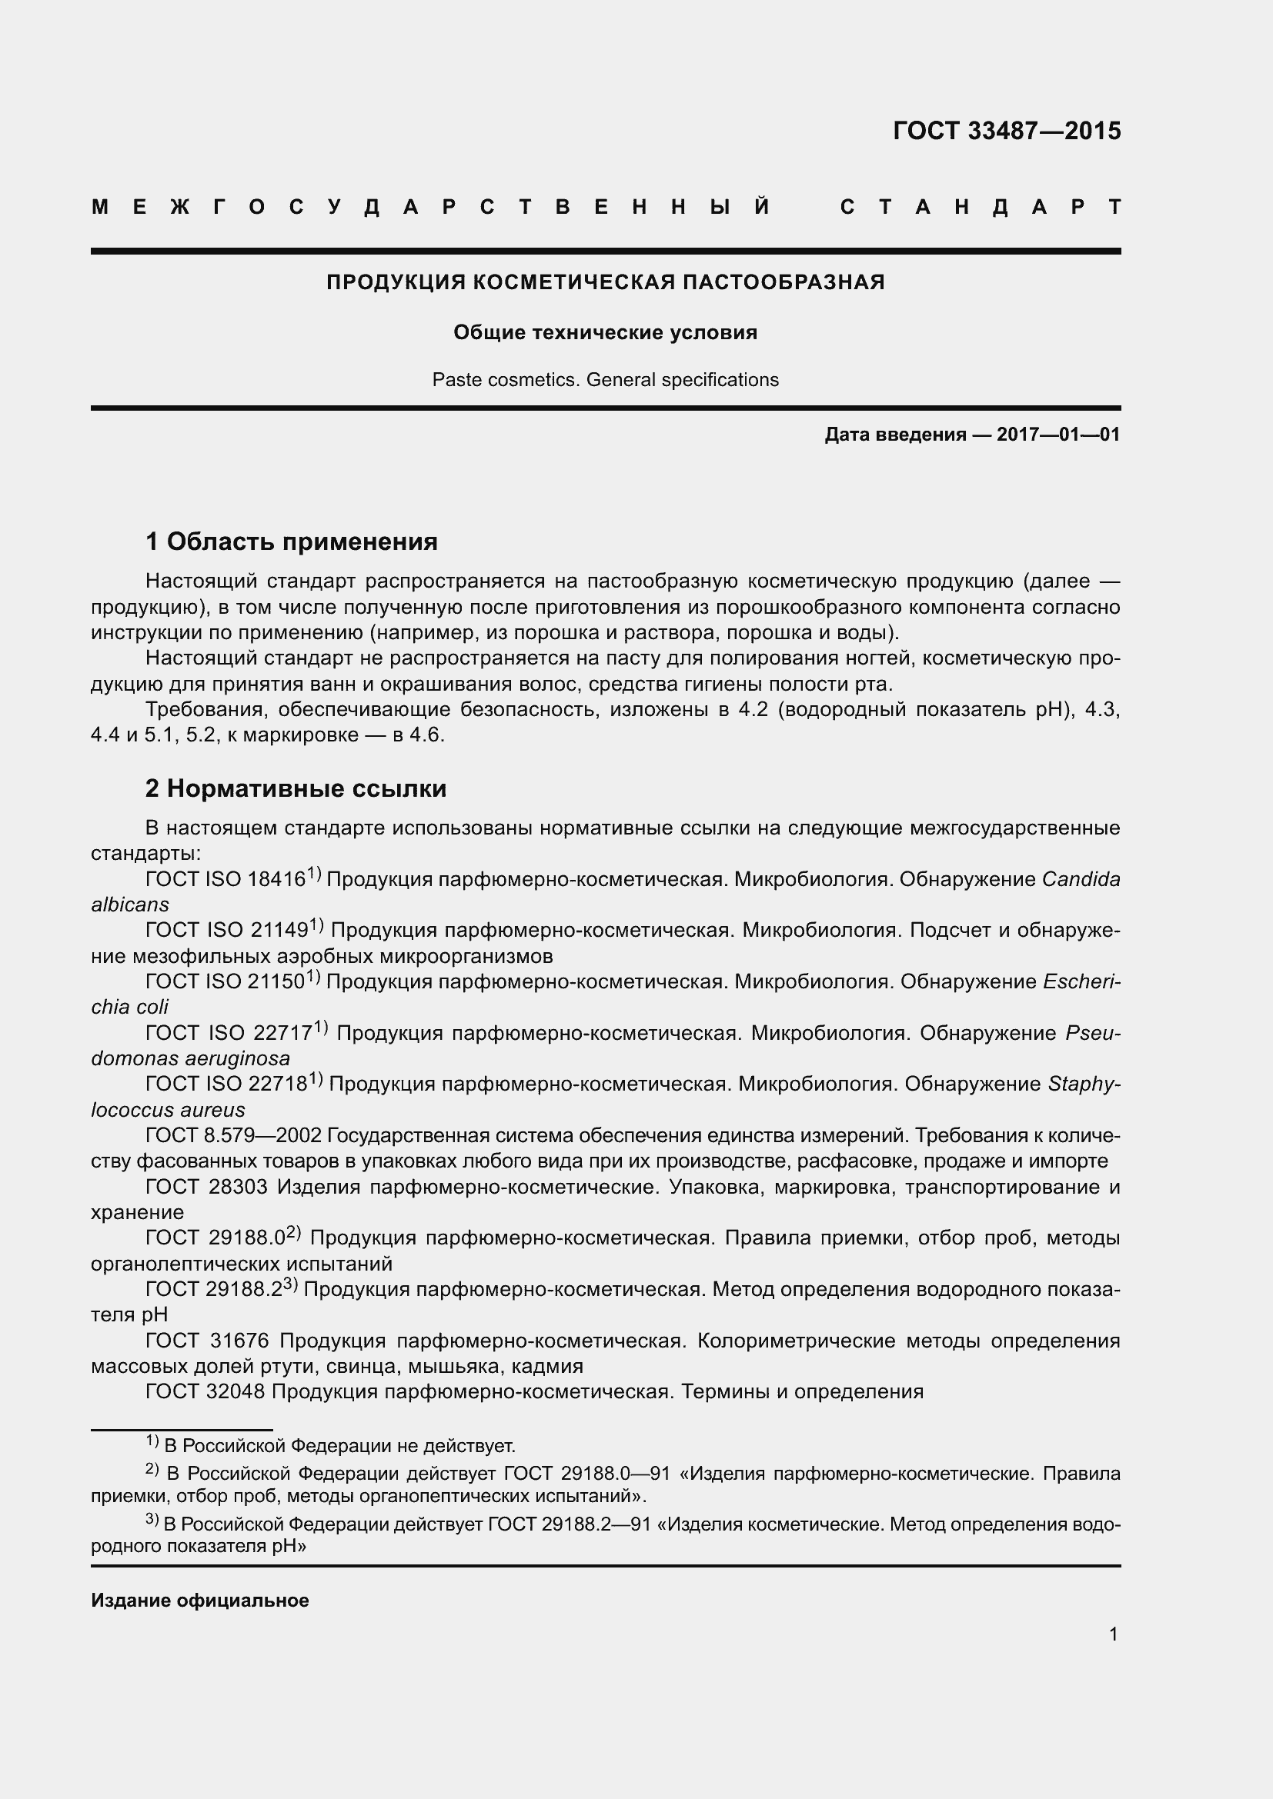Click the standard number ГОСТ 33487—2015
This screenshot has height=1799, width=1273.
[1007, 131]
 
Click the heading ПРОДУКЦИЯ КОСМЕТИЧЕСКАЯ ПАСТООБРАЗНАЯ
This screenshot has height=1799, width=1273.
[605, 282]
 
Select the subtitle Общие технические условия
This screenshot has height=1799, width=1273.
[605, 333]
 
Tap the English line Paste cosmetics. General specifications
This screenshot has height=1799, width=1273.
[605, 380]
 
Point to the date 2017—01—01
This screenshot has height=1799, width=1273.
[1058, 435]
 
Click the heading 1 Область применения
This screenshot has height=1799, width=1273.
[292, 541]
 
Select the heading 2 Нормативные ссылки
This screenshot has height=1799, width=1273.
[296, 788]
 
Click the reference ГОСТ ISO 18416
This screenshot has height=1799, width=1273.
[226, 879]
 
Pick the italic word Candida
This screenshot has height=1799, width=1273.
[1081, 879]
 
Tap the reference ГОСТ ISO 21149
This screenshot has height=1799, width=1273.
[227, 931]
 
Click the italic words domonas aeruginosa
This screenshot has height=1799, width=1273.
[190, 1058]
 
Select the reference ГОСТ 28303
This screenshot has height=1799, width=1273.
[207, 1187]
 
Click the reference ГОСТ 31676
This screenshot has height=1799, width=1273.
[207, 1341]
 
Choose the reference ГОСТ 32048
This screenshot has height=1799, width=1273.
[206, 1391]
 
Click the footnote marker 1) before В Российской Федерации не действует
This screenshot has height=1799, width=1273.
[152, 1441]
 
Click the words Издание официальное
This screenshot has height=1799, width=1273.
[200, 1600]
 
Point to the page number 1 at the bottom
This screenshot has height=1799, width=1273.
[1113, 1634]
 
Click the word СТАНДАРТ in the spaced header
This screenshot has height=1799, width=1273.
[981, 207]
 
